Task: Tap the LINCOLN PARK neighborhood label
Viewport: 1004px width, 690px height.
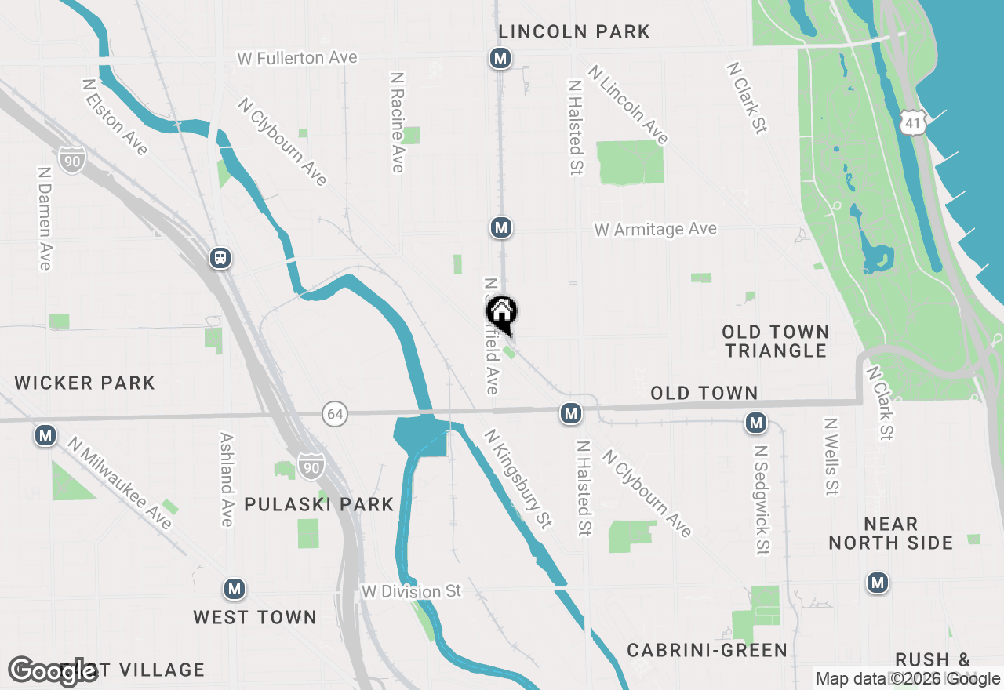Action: (575, 32)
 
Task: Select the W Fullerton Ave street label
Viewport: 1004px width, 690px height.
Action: (297, 59)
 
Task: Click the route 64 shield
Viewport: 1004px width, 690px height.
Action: (335, 414)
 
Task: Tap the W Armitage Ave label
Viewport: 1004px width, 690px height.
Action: (655, 229)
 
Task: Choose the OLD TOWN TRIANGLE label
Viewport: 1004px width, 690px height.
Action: (776, 341)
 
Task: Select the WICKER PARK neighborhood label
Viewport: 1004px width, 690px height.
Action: (85, 383)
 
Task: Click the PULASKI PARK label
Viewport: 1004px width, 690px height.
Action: (318, 504)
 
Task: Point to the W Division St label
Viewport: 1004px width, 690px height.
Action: (411, 591)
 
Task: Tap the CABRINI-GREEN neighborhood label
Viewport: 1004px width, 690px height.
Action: (707, 650)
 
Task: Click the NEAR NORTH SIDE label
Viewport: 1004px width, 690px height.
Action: (891, 533)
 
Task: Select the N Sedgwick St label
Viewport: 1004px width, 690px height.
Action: (761, 499)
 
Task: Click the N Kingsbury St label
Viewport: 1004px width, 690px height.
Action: (517, 478)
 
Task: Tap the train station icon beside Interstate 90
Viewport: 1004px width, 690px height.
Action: (220, 258)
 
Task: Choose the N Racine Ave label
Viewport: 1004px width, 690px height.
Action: (398, 122)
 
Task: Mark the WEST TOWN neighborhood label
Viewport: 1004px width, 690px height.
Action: (255, 617)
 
